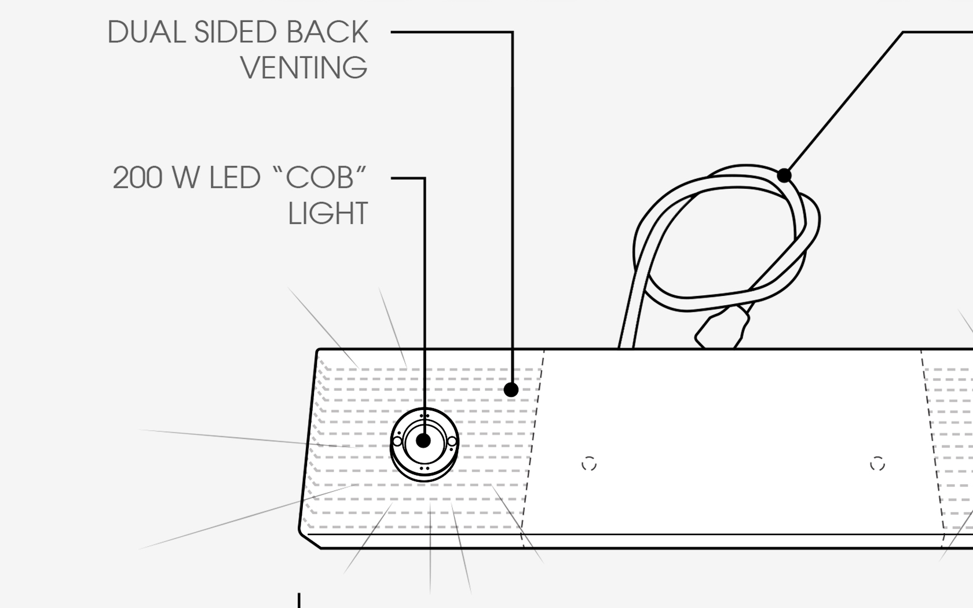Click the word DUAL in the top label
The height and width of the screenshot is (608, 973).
click(x=147, y=32)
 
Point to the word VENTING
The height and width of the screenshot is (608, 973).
click(x=304, y=68)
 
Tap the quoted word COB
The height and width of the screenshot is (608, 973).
click(x=319, y=178)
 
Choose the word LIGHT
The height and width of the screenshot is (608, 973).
click(x=328, y=214)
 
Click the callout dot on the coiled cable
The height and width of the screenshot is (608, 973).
click(x=784, y=175)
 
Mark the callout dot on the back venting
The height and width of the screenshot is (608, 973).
click(x=511, y=390)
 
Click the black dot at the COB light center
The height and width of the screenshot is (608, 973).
click(x=423, y=441)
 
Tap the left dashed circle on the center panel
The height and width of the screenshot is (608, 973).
click(x=588, y=464)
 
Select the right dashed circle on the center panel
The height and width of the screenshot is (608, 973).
click(x=877, y=464)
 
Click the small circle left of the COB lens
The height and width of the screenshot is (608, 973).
click(x=397, y=442)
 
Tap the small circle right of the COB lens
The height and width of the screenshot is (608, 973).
click(x=452, y=442)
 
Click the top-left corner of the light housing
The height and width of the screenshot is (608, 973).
click(x=318, y=351)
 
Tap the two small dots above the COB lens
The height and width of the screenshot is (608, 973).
click(x=425, y=416)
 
